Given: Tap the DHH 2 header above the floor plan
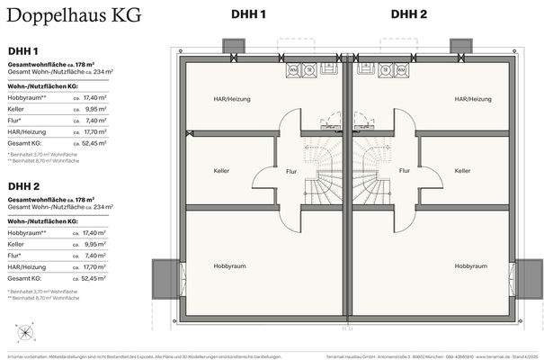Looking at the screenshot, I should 409,13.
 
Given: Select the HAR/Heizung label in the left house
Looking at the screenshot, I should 232,99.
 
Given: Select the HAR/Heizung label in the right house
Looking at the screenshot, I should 472,99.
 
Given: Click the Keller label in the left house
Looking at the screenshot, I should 221,170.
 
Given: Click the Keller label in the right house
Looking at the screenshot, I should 463,170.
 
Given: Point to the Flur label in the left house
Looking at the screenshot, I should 291,170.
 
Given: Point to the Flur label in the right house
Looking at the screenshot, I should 405,170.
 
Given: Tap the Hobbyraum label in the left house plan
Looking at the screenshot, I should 230,266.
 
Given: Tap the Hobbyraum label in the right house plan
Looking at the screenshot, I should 471,266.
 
